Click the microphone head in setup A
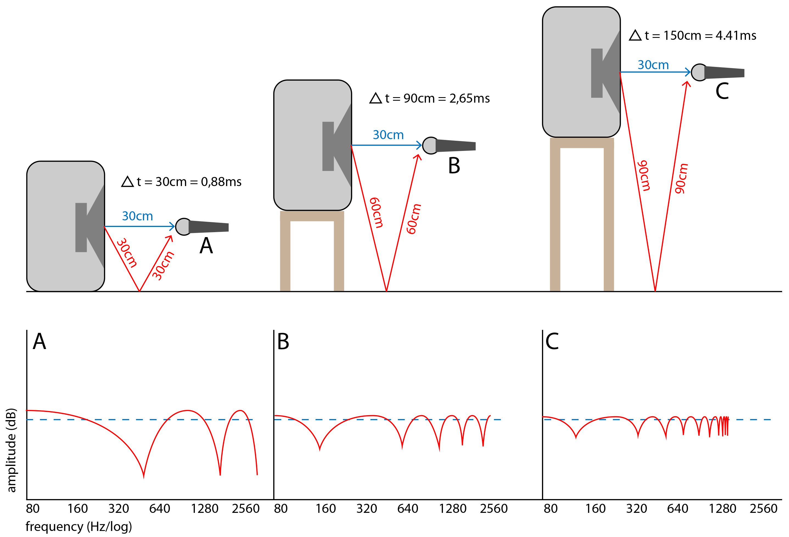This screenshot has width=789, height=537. [x=183, y=227]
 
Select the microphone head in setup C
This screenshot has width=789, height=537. [x=699, y=72]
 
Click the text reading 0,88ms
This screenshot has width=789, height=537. [x=221, y=182]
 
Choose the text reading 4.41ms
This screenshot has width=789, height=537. [x=736, y=36]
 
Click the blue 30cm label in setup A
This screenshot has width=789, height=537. [x=137, y=216]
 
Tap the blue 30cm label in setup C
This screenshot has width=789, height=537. [x=653, y=65]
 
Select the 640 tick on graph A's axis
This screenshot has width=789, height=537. [x=159, y=508]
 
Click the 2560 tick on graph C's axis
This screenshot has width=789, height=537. [x=763, y=508]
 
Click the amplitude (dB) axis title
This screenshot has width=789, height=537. [x=12, y=450]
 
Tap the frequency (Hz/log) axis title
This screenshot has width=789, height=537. [x=78, y=527]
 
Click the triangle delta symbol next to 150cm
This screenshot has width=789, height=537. [x=635, y=35]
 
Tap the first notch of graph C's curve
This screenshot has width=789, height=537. [x=576, y=438]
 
